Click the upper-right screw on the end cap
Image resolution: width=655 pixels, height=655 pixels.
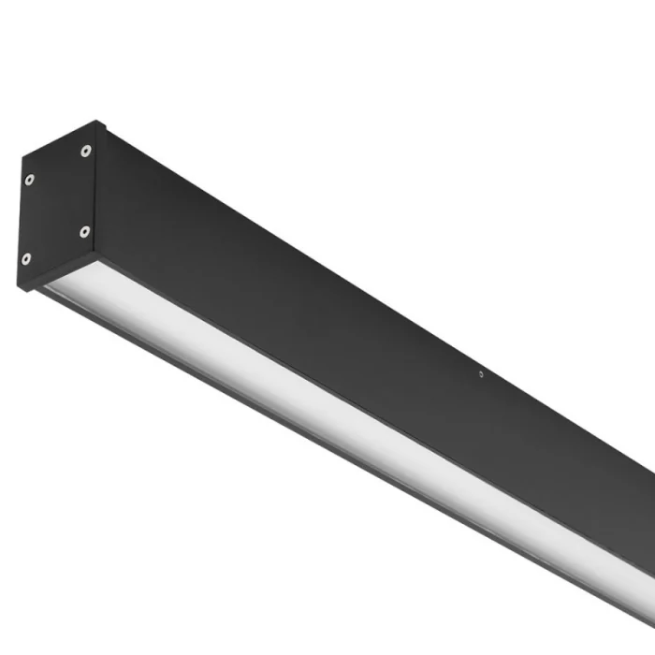tap(86, 150)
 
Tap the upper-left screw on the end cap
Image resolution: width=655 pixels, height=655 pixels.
tap(29, 179)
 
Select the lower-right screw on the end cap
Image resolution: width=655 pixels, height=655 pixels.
tap(84, 231)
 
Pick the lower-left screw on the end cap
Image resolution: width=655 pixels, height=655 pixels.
tap(25, 259)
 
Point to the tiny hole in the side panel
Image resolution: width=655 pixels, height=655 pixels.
tap(481, 374)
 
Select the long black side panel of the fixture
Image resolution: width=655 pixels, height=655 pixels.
tap(374, 309)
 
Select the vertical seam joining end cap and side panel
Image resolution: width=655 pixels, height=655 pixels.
tap(95, 187)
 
